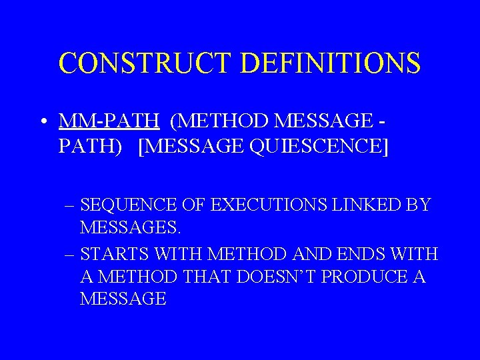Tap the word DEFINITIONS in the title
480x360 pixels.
click(331, 63)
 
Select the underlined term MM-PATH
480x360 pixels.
click(109, 121)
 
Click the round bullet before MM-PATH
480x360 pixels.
click(42, 121)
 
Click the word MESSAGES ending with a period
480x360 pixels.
click(130, 228)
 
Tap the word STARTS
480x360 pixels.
click(115, 255)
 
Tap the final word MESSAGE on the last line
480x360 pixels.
click(123, 299)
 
